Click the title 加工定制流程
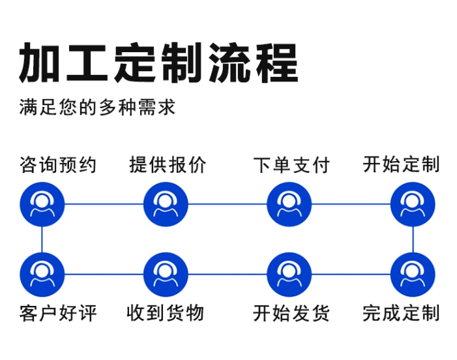click(x=158, y=63)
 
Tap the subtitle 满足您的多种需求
click(x=97, y=106)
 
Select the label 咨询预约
click(x=58, y=165)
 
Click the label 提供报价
click(x=168, y=165)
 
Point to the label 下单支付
click(x=291, y=165)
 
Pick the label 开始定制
click(x=402, y=165)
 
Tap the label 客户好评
click(x=58, y=313)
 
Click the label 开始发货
click(x=291, y=313)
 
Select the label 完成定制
click(x=402, y=313)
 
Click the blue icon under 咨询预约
click(x=42, y=204)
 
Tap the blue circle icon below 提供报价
click(x=166, y=204)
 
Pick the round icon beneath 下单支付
click(x=289, y=204)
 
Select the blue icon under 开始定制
click(x=413, y=204)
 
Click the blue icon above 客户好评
click(x=42, y=275)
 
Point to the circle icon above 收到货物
click(x=166, y=275)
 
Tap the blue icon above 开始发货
click(x=289, y=275)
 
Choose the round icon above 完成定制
click(x=413, y=275)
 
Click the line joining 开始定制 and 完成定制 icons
click(x=413, y=239)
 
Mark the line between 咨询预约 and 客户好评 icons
click(x=42, y=239)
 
